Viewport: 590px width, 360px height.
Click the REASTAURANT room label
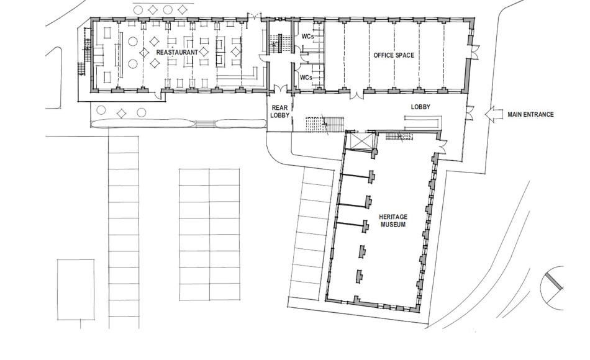(x=177, y=53)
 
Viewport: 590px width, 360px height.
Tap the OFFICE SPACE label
(x=394, y=56)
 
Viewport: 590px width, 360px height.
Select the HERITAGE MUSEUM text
(x=393, y=220)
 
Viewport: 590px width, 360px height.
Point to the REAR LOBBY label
(x=279, y=111)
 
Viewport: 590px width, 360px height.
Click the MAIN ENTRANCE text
(x=530, y=114)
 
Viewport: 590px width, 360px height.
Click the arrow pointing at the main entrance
(x=494, y=114)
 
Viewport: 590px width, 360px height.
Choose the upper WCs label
(x=307, y=37)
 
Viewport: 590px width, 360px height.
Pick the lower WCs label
(x=306, y=78)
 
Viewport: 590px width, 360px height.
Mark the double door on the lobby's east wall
(x=470, y=114)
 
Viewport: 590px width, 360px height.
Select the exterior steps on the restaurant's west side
(x=80, y=68)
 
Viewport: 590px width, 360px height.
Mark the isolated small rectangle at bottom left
(x=76, y=289)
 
